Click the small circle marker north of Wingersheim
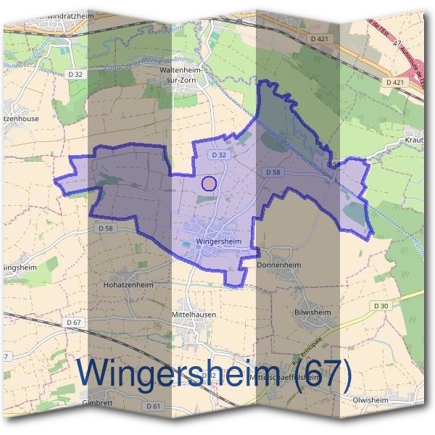click(x=209, y=183)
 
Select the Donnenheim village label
click(x=278, y=266)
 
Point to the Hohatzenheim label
click(x=130, y=286)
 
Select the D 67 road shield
click(x=73, y=322)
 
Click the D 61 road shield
click(x=152, y=407)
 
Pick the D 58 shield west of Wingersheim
click(x=105, y=228)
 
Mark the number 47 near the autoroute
click(x=397, y=45)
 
